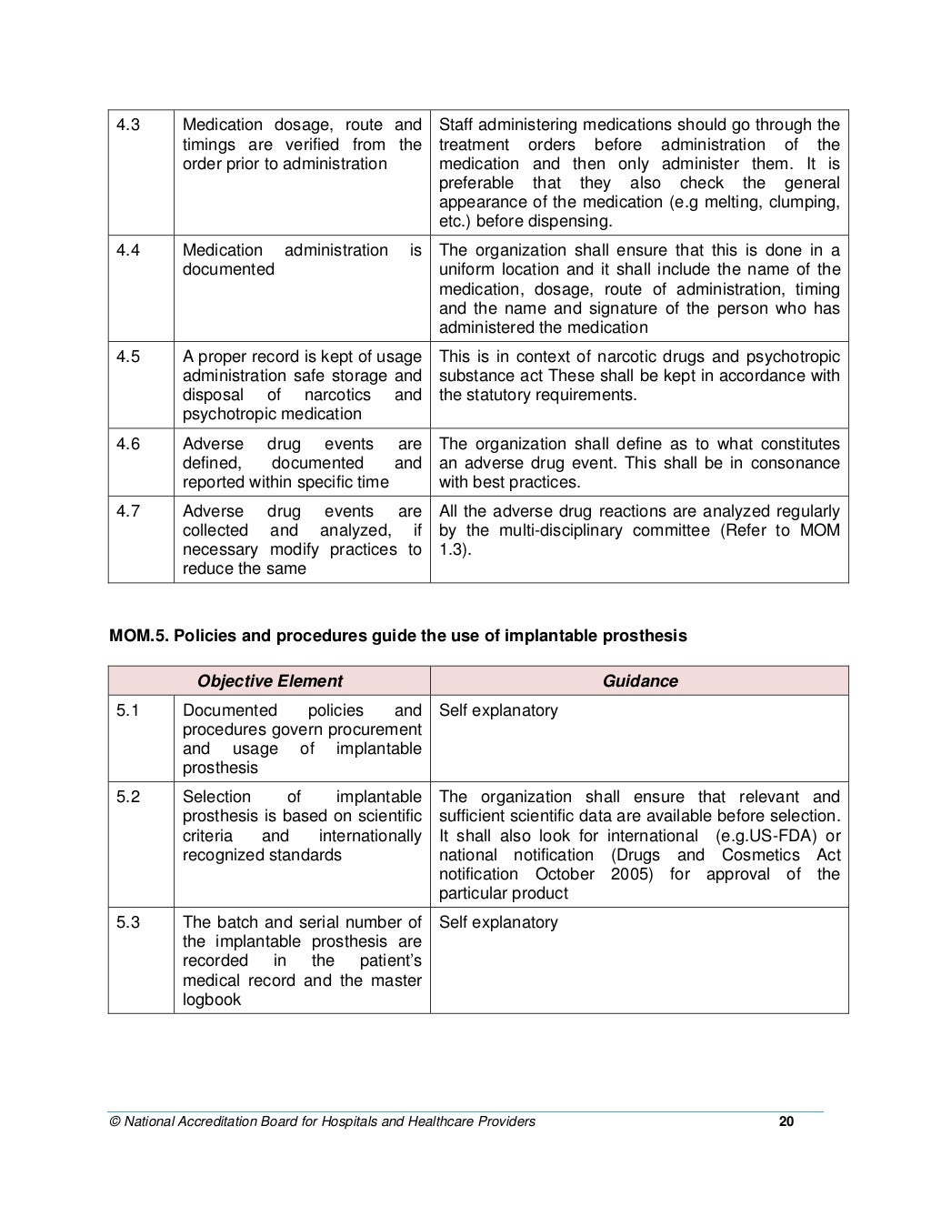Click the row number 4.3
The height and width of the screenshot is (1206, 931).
[x=128, y=126]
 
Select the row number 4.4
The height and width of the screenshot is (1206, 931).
[x=128, y=250]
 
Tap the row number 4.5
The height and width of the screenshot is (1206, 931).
[x=128, y=357]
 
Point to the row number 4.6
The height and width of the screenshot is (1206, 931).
[x=128, y=444]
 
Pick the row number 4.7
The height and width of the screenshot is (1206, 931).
[x=128, y=511]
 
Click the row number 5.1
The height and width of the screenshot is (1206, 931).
[x=128, y=710]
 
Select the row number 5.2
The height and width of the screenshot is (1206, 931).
[x=128, y=797]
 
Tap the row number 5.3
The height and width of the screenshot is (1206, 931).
[x=128, y=922]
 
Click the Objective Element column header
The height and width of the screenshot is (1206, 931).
[x=270, y=681]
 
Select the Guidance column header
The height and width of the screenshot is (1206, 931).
[x=640, y=681]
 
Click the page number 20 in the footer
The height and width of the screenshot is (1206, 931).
[x=786, y=1121]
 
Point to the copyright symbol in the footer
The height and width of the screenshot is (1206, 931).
[x=114, y=1121]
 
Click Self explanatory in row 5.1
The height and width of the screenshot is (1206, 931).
[x=498, y=710]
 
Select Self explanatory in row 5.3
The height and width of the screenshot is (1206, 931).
[x=498, y=922]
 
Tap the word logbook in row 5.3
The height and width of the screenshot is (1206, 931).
[x=212, y=1000]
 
